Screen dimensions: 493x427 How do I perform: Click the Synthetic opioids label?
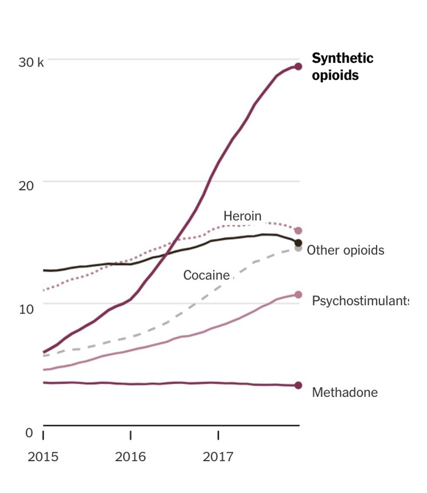click(x=342, y=67)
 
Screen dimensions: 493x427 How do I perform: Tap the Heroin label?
click(x=242, y=216)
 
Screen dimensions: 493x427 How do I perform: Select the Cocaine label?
click(x=206, y=275)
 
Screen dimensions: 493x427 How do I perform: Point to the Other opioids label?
click(x=346, y=250)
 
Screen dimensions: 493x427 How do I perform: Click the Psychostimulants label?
click(x=360, y=301)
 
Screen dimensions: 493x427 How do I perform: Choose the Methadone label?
click(x=345, y=392)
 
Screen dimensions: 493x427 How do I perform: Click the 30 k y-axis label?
click(x=31, y=63)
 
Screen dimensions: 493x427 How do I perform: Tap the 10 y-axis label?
click(x=26, y=309)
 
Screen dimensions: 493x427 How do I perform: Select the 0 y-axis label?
click(x=29, y=433)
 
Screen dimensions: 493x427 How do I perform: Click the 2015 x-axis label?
click(x=43, y=457)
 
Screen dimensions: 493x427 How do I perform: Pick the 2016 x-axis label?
click(x=130, y=457)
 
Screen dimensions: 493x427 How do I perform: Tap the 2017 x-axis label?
click(x=218, y=457)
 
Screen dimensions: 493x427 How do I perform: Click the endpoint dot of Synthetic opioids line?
click(x=298, y=66)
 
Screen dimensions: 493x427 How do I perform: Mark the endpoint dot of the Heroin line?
click(x=298, y=231)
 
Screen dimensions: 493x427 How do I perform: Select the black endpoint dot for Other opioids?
click(x=298, y=243)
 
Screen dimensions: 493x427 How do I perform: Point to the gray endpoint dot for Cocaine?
click(x=298, y=248)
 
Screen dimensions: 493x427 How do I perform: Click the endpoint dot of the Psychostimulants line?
click(x=298, y=295)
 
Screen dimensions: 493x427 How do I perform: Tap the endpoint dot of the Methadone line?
click(x=298, y=385)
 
